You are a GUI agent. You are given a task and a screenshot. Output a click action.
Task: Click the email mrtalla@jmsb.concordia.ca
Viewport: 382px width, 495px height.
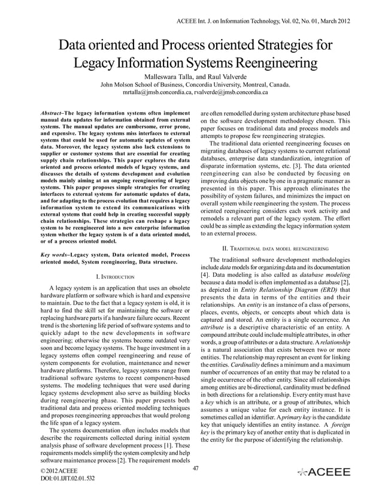click(158, 93)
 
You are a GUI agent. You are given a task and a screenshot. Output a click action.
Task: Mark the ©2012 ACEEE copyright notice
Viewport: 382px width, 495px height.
click(56, 472)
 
